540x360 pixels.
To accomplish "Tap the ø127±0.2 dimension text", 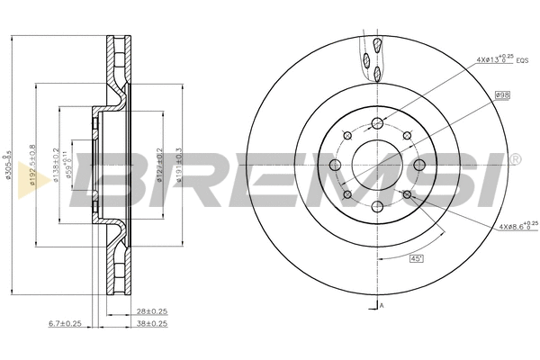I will tap(160, 165).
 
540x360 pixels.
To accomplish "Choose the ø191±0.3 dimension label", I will tap(180, 165).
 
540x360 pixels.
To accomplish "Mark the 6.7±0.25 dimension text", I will tap(65, 322).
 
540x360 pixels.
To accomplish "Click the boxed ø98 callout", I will tap(502, 94).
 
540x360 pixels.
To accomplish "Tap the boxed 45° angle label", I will tap(416, 258).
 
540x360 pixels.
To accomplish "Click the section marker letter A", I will tap(382, 307).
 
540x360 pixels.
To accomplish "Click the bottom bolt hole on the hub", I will tap(377, 208).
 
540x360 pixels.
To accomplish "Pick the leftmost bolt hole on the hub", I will tap(335, 166).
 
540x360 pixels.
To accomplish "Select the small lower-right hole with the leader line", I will tap(407, 194).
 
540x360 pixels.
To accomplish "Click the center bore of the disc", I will tap(377, 166).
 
